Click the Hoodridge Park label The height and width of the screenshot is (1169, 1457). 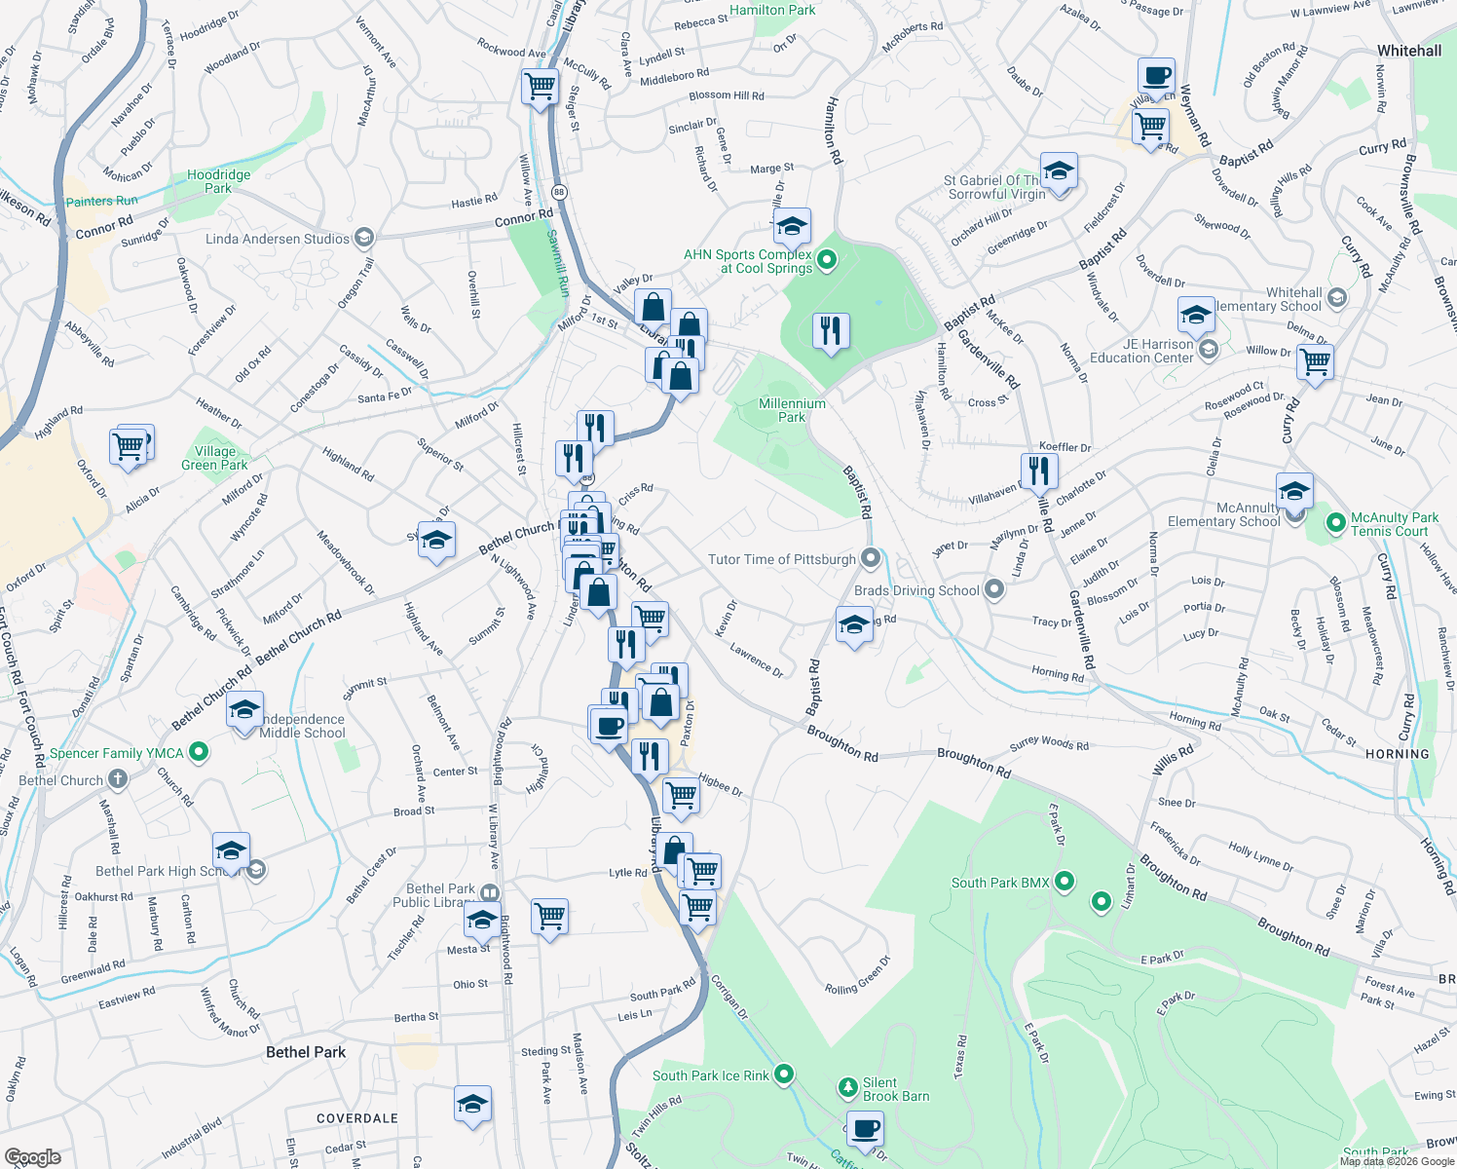pos(218,181)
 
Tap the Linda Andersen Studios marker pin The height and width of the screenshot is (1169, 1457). pos(363,238)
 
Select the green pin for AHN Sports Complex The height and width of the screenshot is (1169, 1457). pos(827,260)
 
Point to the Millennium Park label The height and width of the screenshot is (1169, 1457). pos(792,410)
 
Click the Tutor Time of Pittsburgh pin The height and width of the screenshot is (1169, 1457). pos(871,559)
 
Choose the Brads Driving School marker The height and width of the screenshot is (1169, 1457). pos(993,589)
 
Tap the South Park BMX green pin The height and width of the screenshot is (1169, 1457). pos(1064,883)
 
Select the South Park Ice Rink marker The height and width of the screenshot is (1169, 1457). pos(783,1075)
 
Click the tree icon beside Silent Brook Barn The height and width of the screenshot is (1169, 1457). pos(848,1086)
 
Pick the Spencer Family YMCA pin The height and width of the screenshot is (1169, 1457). pos(199,752)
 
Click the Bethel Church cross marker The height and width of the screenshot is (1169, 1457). pos(117,779)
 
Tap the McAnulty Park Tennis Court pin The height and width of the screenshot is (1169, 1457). pos(1336,524)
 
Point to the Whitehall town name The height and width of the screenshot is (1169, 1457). pos(1409,51)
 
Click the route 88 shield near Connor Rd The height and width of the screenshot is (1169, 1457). pos(559,192)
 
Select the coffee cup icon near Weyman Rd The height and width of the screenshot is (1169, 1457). pos(1156,75)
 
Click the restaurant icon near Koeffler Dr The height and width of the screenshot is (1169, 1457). pos(1039,471)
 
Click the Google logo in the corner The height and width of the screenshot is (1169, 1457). pos(32,1156)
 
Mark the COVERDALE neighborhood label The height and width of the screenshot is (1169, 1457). pos(356,1118)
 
